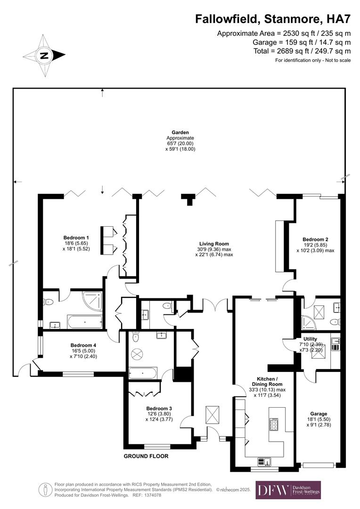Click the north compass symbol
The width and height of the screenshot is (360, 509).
(44, 56)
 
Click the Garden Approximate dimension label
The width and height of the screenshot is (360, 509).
(180, 141)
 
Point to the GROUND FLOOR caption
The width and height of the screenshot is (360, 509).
(146, 456)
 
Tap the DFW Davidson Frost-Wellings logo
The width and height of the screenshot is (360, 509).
(288, 490)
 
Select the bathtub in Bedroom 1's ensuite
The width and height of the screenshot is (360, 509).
(85, 323)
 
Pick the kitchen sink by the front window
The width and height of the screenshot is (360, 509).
(264, 461)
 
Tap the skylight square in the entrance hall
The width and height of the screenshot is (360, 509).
(213, 415)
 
